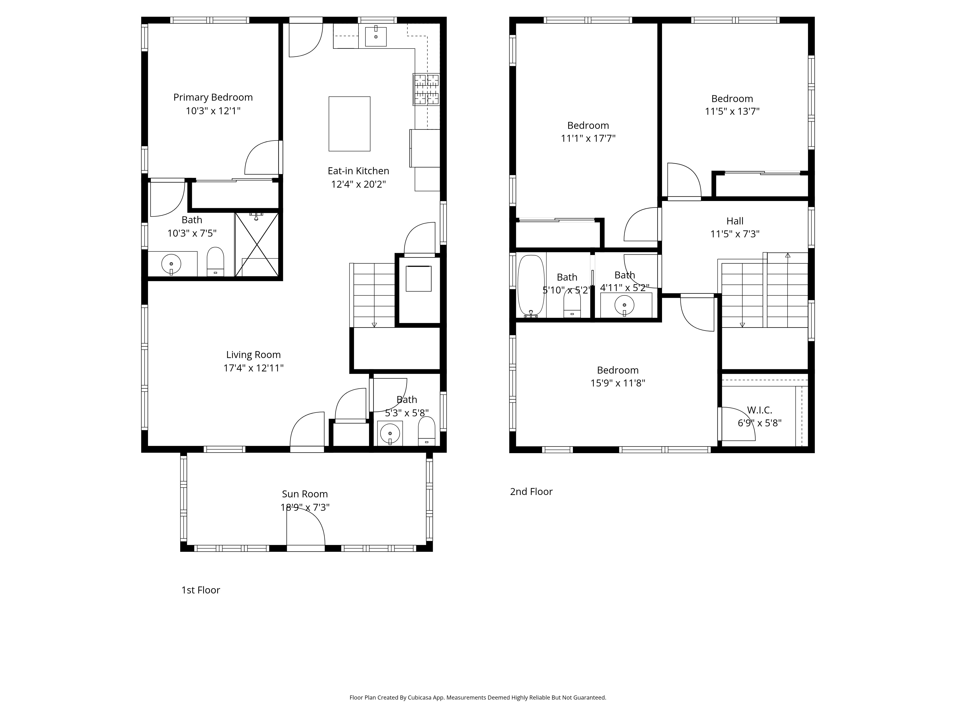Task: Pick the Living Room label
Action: click(x=253, y=355)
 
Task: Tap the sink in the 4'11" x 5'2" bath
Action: click(x=624, y=305)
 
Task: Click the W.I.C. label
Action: click(x=759, y=410)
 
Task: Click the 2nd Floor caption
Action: click(x=531, y=491)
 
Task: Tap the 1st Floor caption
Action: click(x=201, y=590)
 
